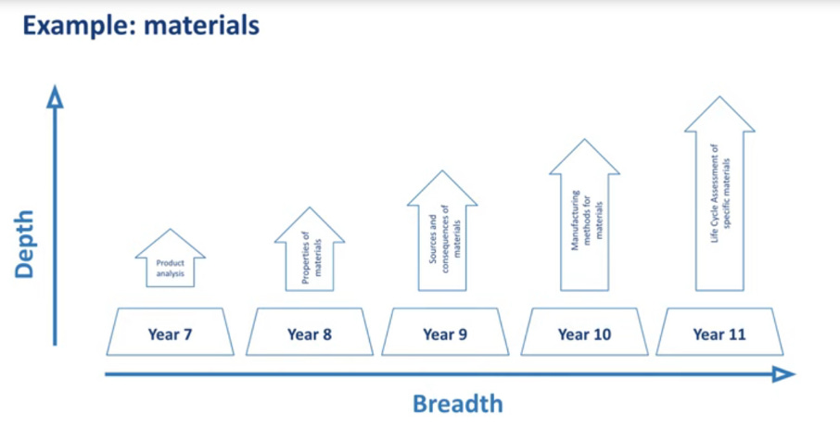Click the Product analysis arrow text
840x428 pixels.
(170, 269)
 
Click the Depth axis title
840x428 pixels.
(25, 244)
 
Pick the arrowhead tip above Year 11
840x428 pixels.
(719, 97)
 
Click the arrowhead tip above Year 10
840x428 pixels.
(584, 141)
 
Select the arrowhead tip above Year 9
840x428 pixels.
(442, 171)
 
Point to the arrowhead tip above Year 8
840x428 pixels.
(310, 208)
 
